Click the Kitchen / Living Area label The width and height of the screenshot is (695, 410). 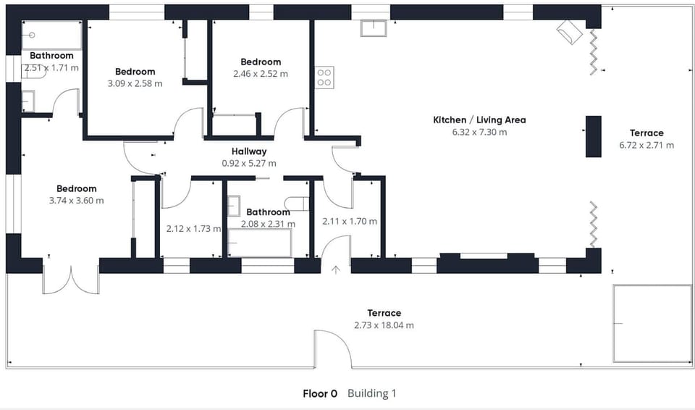coord(479,120)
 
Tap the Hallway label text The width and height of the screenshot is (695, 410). coord(249,151)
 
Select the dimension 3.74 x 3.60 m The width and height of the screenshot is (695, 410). coord(76,201)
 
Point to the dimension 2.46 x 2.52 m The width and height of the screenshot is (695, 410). coord(261,74)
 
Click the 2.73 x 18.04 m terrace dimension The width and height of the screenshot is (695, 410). coord(384,325)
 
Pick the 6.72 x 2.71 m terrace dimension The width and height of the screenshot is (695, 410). coord(646,145)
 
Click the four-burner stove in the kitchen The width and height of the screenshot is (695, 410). coord(324,78)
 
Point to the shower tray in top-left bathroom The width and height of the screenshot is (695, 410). coord(51,35)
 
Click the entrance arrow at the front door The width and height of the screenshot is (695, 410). coord(336,270)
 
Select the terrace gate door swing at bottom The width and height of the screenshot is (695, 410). coord(332,348)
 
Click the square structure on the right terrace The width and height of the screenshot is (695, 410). coord(652,323)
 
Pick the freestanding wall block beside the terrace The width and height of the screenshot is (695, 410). coord(593,136)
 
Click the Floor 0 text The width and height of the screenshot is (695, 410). coord(320,394)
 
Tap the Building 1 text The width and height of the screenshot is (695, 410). coord(371,394)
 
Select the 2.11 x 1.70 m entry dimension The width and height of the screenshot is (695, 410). coord(349,222)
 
